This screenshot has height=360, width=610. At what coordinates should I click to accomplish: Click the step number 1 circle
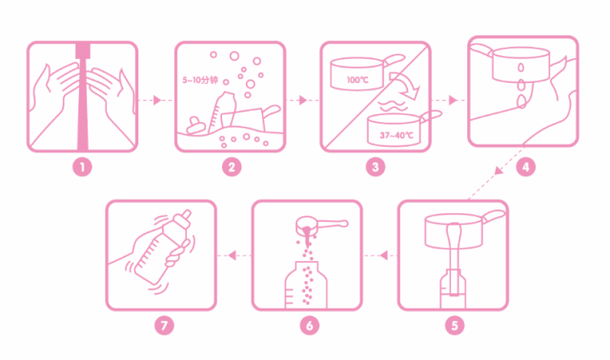coord(82,168)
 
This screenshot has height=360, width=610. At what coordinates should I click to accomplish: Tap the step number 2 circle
coord(232,168)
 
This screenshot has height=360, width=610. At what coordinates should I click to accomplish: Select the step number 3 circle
coord(376,168)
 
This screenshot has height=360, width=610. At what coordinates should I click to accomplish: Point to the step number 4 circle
coord(525,168)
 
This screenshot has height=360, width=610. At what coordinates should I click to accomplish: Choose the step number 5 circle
coord(455,325)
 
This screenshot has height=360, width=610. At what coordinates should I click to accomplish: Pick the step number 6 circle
coord(310,325)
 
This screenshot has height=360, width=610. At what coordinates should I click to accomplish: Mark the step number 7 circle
coord(164,325)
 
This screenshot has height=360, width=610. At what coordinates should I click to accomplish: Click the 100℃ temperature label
coord(357,80)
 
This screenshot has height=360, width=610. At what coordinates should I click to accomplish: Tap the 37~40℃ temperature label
coord(396,135)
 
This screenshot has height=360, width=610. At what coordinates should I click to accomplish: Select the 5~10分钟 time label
coord(200,80)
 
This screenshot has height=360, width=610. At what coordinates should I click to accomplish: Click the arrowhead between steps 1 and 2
coord(157,100)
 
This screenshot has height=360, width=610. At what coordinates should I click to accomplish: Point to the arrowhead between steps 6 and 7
coord(232,255)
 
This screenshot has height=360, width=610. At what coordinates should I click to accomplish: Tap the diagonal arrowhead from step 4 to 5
coord(498,170)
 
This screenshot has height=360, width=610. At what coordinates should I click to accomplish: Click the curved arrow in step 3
coord(407,85)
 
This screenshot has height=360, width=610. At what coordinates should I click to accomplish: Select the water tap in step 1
coord(83,50)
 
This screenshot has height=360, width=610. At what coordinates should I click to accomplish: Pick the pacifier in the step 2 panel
coord(194,125)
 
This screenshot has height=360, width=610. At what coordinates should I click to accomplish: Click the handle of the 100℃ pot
coord(395,59)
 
